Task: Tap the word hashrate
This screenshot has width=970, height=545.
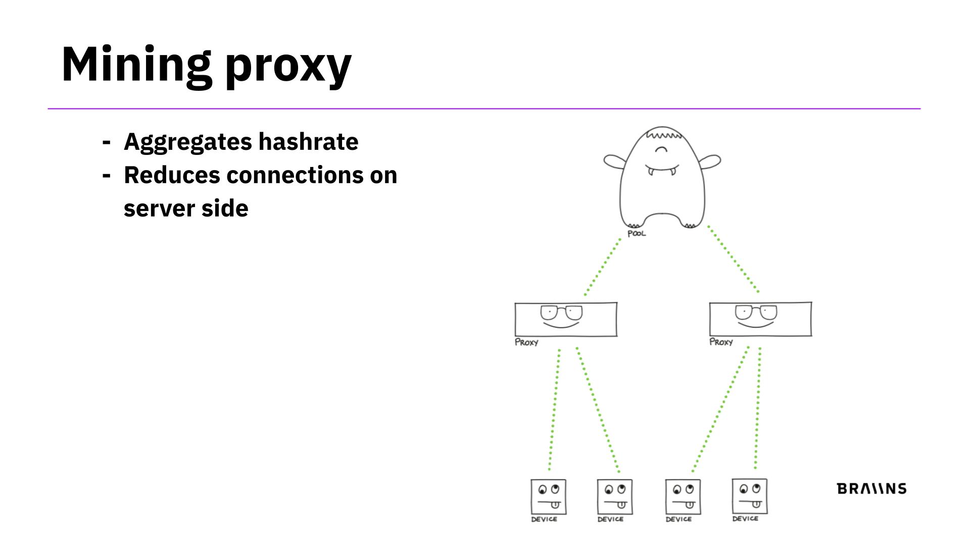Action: [x=308, y=141]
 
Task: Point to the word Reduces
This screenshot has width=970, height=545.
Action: [x=172, y=175]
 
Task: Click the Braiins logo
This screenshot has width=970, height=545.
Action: [x=871, y=488]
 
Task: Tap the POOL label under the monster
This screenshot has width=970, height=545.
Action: [x=637, y=234]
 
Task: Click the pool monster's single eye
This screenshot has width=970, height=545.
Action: [x=661, y=149]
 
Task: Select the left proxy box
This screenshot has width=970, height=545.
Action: [x=566, y=319]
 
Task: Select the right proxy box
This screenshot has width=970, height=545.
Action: [x=760, y=319]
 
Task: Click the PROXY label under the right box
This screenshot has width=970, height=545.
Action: [x=721, y=342]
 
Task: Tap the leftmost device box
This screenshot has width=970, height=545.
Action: [x=548, y=497]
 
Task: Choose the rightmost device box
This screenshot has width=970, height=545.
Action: [x=750, y=496]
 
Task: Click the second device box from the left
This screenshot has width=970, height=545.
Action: [x=614, y=497]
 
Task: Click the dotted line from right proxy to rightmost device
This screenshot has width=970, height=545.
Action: [x=758, y=409]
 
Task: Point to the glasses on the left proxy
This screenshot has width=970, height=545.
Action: [x=561, y=312]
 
